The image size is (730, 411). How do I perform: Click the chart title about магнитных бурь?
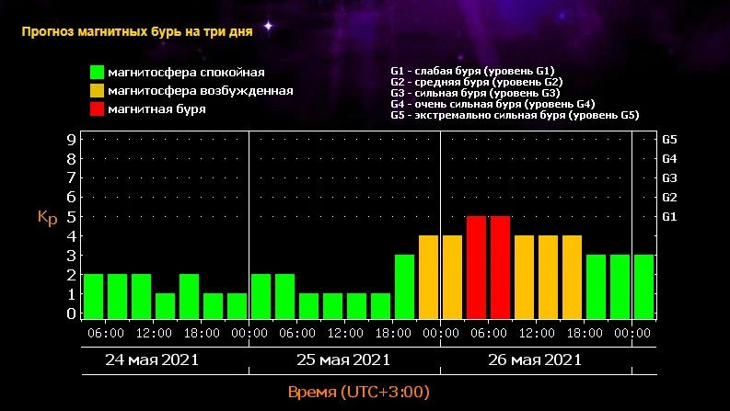click(137, 30)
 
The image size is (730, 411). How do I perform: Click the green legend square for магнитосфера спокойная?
click(96, 72)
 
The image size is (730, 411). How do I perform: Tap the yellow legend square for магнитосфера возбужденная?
click(96, 90)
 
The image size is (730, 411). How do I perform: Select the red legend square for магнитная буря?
click(96, 108)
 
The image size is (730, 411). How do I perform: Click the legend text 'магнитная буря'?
click(156, 108)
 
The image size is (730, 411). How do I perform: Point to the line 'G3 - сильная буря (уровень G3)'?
click(475, 93)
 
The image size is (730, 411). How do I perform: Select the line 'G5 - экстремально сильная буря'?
click(515, 116)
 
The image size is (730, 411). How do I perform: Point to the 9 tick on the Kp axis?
click(71, 140)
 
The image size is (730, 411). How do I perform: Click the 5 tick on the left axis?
click(71, 217)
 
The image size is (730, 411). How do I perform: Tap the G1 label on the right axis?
click(669, 217)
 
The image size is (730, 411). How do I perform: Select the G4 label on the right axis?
click(669, 159)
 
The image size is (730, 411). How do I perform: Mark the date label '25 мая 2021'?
click(343, 360)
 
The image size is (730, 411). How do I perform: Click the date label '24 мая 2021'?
click(152, 360)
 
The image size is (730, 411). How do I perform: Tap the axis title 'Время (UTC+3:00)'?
click(358, 393)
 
